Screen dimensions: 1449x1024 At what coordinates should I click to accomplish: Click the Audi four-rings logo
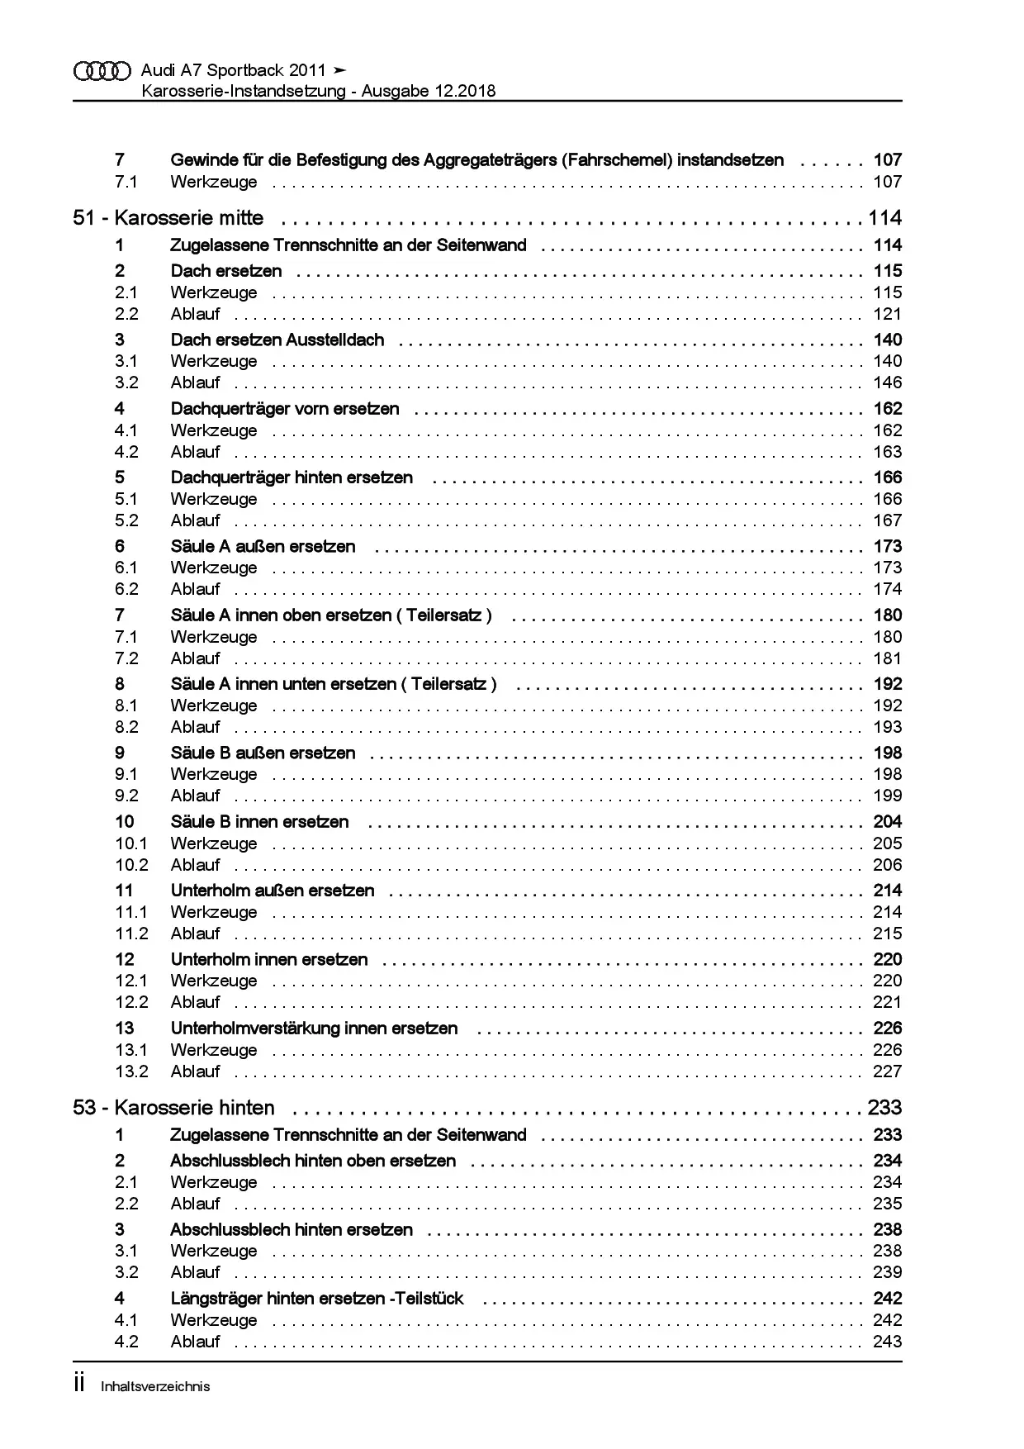point(102,71)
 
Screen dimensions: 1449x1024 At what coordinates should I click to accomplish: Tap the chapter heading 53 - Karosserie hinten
point(174,1108)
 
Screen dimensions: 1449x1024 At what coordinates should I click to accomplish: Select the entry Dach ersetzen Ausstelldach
point(277,340)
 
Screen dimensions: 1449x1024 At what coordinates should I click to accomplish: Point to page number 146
point(887,382)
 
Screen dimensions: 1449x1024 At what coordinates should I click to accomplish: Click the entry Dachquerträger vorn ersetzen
point(285,409)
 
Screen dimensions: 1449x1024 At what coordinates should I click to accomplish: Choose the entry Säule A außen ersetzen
point(263,546)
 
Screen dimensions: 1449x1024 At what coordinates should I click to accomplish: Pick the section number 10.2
point(131,865)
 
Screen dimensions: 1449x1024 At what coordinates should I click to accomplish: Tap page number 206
point(887,865)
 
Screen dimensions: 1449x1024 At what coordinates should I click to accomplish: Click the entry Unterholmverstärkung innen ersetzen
point(314,1029)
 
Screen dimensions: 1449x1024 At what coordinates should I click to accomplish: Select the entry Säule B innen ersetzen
point(259,822)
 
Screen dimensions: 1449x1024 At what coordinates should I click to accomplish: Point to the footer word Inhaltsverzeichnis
point(155,1387)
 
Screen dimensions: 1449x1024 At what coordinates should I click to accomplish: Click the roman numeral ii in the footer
point(79,1384)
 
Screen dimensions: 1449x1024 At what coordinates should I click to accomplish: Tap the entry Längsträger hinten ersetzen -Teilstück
point(317,1299)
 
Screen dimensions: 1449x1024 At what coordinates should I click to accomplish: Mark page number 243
point(887,1342)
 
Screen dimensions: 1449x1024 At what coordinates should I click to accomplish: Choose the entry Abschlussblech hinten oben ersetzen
point(313,1161)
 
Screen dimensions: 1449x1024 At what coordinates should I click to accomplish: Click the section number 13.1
point(131,1050)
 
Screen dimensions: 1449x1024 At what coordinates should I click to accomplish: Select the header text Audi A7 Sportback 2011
point(234,70)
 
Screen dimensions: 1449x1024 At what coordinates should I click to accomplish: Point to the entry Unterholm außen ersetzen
point(273,891)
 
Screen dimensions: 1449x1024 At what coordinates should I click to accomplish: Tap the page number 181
point(887,658)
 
